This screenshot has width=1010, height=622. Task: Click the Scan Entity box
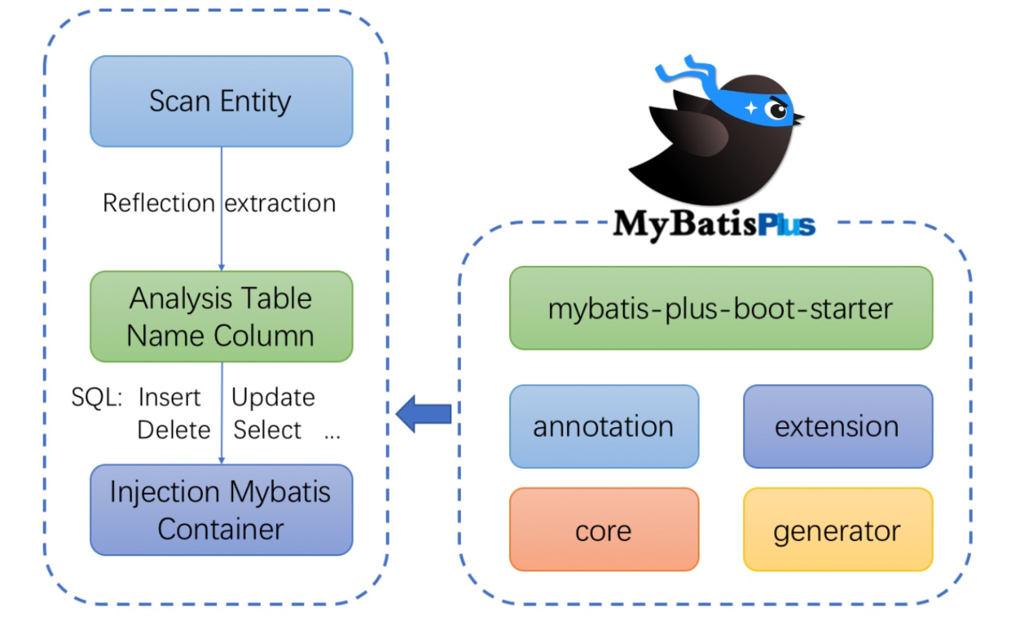pyautogui.click(x=221, y=101)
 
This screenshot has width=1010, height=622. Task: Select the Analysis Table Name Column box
pyautogui.click(x=221, y=316)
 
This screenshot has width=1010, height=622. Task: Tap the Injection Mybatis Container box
pyautogui.click(x=221, y=510)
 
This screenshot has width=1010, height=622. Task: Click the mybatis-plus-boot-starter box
pyautogui.click(x=720, y=308)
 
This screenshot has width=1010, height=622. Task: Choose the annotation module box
pyautogui.click(x=603, y=426)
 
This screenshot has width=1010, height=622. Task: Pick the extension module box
pyautogui.click(x=836, y=426)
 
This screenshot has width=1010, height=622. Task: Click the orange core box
pyautogui.click(x=603, y=530)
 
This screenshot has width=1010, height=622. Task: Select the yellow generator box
pyautogui.click(x=836, y=530)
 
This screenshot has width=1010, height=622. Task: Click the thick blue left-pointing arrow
pyautogui.click(x=424, y=414)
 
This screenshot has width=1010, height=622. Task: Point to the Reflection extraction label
pyautogui.click(x=219, y=203)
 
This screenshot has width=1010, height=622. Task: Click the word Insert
pyautogui.click(x=169, y=397)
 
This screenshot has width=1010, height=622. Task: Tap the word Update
pyautogui.click(x=273, y=397)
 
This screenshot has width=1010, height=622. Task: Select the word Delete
pyautogui.click(x=174, y=430)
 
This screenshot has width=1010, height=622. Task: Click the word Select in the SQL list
pyautogui.click(x=267, y=430)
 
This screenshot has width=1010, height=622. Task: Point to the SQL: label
pyautogui.click(x=96, y=397)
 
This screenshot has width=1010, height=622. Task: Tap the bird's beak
pyautogui.click(x=798, y=117)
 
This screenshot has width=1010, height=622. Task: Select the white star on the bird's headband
pyautogui.click(x=752, y=108)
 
